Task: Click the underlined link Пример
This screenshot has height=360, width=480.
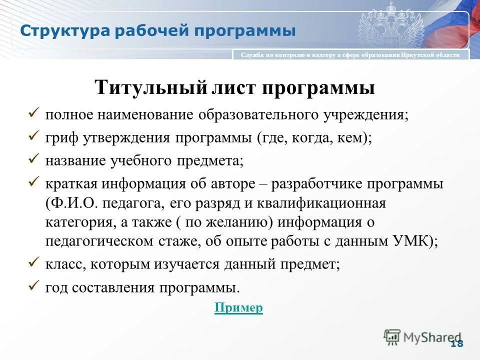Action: point(238,307)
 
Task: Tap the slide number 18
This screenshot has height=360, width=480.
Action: point(456,343)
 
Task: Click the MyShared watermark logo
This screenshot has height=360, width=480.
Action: point(422,337)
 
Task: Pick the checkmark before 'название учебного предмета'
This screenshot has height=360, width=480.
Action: point(33,159)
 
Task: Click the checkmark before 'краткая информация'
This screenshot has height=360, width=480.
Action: point(33,182)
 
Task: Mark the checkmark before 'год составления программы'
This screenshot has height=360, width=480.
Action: point(33,286)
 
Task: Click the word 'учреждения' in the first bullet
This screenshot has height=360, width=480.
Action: point(365,115)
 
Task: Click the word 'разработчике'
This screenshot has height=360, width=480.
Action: point(317,184)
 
